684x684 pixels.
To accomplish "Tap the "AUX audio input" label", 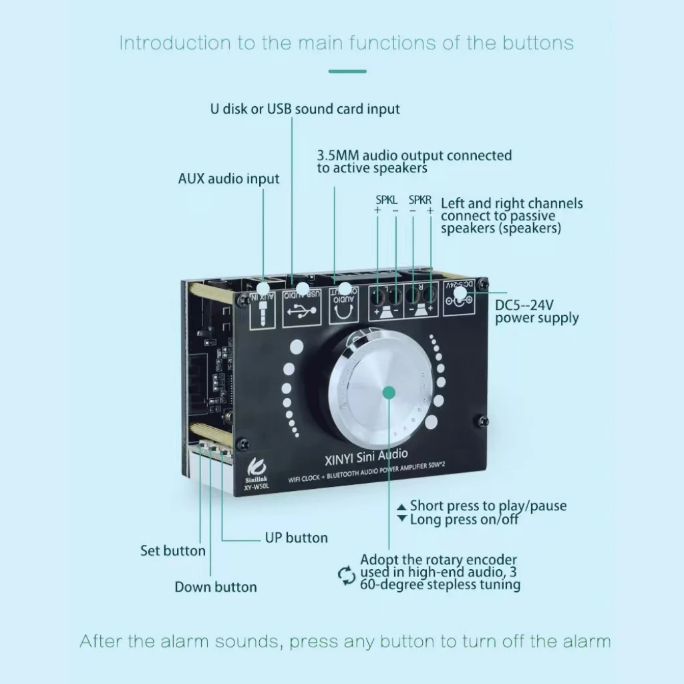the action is [228, 179].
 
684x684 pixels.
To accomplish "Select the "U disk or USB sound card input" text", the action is [305, 109].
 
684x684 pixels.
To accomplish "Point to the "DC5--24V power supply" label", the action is [536, 311].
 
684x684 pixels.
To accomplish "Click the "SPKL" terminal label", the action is [386, 200].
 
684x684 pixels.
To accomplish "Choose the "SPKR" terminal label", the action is [420, 200].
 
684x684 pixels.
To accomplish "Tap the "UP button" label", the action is [296, 538].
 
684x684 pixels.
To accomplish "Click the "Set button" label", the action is [173, 551].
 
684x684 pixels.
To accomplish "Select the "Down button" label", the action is [216, 587].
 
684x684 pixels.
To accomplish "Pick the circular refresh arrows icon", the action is [346, 575].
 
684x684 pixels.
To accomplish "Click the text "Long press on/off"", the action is [464, 519].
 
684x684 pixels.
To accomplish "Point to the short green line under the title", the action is [347, 71].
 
